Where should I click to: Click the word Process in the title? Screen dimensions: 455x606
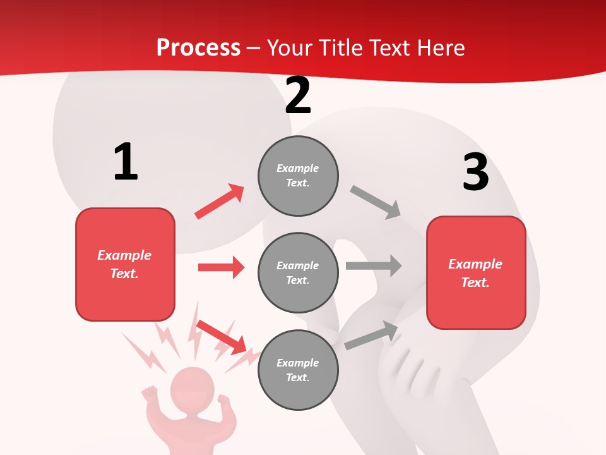[198, 48]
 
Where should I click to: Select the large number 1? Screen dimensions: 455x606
[126, 162]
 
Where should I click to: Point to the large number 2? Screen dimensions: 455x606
[298, 96]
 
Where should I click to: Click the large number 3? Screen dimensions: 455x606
[475, 173]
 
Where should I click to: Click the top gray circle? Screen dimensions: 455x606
[298, 176]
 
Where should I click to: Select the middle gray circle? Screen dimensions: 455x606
[298, 272]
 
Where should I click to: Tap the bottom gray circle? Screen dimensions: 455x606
[298, 370]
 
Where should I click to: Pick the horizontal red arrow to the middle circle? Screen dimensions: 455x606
[221, 267]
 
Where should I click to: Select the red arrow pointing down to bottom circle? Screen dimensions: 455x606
[222, 337]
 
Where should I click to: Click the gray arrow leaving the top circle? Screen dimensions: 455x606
[376, 202]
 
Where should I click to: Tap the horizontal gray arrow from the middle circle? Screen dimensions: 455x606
[373, 266]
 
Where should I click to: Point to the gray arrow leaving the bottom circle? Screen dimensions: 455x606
[371, 336]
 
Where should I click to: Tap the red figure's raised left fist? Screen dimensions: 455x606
[150, 394]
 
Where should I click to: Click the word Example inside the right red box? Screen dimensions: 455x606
[475, 264]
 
